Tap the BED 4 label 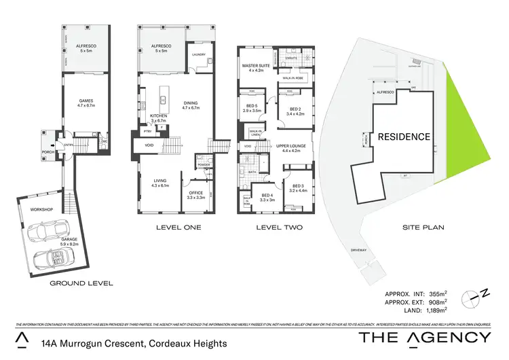pyautogui.click(x=267, y=198)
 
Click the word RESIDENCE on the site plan pyautogui.click(x=404, y=137)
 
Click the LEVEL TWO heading pyautogui.click(x=280, y=228)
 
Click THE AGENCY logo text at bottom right pyautogui.click(x=424, y=338)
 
